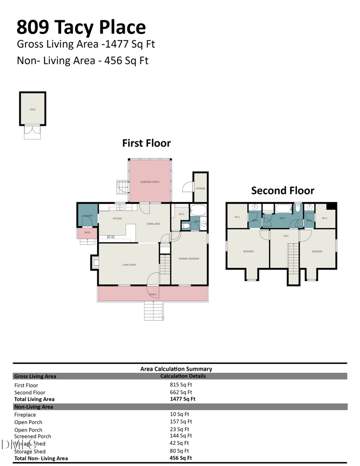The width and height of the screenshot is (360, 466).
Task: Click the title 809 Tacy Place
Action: point(81,27)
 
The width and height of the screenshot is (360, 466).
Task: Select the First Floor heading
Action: point(146,143)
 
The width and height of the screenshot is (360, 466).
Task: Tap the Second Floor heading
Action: point(283,190)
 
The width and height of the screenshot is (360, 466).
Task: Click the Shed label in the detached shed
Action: point(32,109)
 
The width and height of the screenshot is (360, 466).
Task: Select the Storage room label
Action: point(200,188)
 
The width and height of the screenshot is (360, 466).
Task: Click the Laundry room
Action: point(87,216)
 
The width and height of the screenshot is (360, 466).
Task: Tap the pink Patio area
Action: point(86,232)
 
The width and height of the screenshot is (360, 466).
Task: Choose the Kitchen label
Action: point(117,218)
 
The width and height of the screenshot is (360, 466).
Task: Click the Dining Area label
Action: point(153,224)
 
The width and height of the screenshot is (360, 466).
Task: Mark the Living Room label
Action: point(129,265)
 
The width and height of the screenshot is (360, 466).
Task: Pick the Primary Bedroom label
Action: point(189,258)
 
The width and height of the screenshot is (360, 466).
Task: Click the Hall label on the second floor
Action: point(286,236)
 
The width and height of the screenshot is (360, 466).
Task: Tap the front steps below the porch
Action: point(153,311)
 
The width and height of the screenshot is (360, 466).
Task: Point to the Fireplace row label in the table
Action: point(25,415)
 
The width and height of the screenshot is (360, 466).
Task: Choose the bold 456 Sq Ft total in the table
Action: point(181,458)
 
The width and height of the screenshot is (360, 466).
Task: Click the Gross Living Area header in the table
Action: point(35,376)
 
